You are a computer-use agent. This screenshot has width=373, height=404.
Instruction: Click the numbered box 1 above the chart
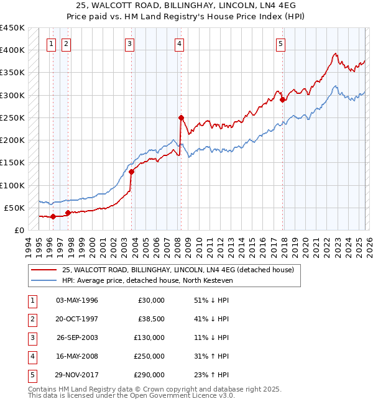[x=50, y=44]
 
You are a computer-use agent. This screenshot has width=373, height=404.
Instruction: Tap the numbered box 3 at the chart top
[x=129, y=44]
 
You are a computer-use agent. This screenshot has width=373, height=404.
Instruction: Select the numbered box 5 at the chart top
[x=280, y=44]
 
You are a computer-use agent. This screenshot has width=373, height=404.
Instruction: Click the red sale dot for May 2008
[x=181, y=117]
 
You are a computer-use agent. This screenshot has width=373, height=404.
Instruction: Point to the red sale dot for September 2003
[x=132, y=172]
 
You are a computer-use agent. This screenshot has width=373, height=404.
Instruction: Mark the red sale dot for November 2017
[x=282, y=99]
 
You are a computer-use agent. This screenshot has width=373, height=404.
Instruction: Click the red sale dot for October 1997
[x=68, y=213]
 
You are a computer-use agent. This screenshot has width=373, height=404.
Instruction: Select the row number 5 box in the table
[x=31, y=375]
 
